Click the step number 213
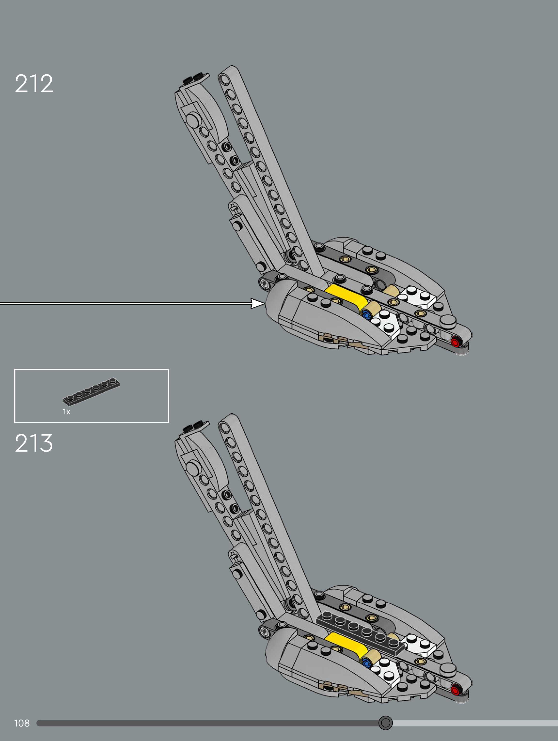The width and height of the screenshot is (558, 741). pos(34,443)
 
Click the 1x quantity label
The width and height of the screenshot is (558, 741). pos(67,412)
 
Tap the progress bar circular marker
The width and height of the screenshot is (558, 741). pos(385,723)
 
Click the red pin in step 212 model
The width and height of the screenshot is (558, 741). pos(455,342)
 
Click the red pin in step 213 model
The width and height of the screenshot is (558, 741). pos(455,690)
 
